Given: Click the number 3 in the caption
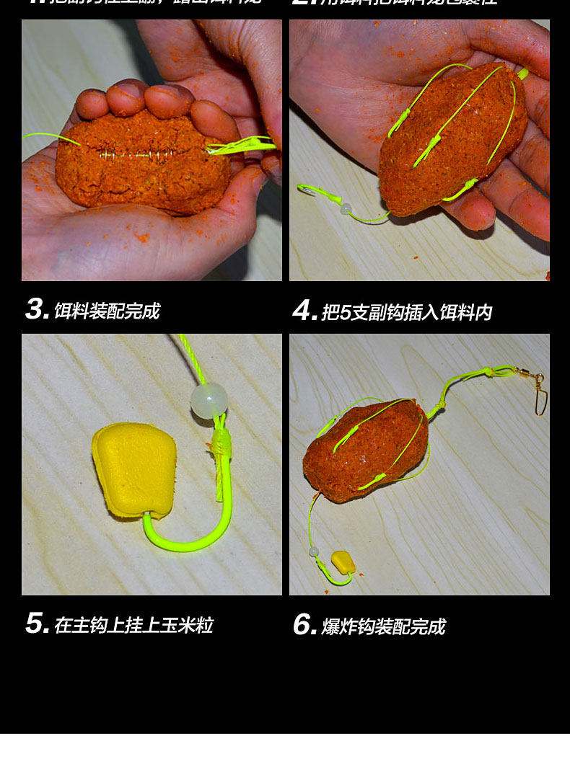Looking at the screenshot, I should click(36, 310).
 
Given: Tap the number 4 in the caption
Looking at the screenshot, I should click(304, 311).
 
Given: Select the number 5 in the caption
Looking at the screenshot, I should click(36, 623).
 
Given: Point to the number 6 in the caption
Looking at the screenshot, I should click(304, 625).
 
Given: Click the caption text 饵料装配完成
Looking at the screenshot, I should click(107, 311).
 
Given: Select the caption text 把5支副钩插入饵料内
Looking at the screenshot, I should click(406, 311).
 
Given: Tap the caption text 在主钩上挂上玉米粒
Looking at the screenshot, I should click(133, 624).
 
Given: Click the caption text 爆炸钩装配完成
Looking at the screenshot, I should click(383, 626).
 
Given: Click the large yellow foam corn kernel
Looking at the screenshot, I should click(134, 469).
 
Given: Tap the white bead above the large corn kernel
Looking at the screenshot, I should click(209, 401).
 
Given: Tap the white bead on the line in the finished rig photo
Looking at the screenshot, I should click(314, 551).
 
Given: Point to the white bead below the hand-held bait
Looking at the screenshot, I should click(346, 209).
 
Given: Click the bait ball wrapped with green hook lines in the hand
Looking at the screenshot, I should click(451, 141).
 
